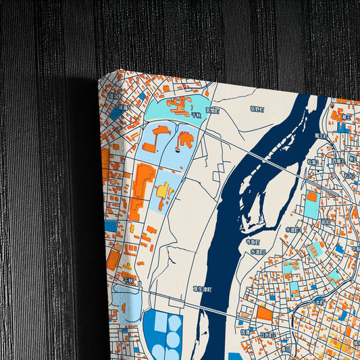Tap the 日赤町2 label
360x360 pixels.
(x=268, y=333)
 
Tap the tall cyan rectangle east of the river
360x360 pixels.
(x=311, y=205)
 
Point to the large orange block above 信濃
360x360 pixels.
(x=264, y=314)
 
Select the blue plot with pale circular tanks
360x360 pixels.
(x=162, y=334)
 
